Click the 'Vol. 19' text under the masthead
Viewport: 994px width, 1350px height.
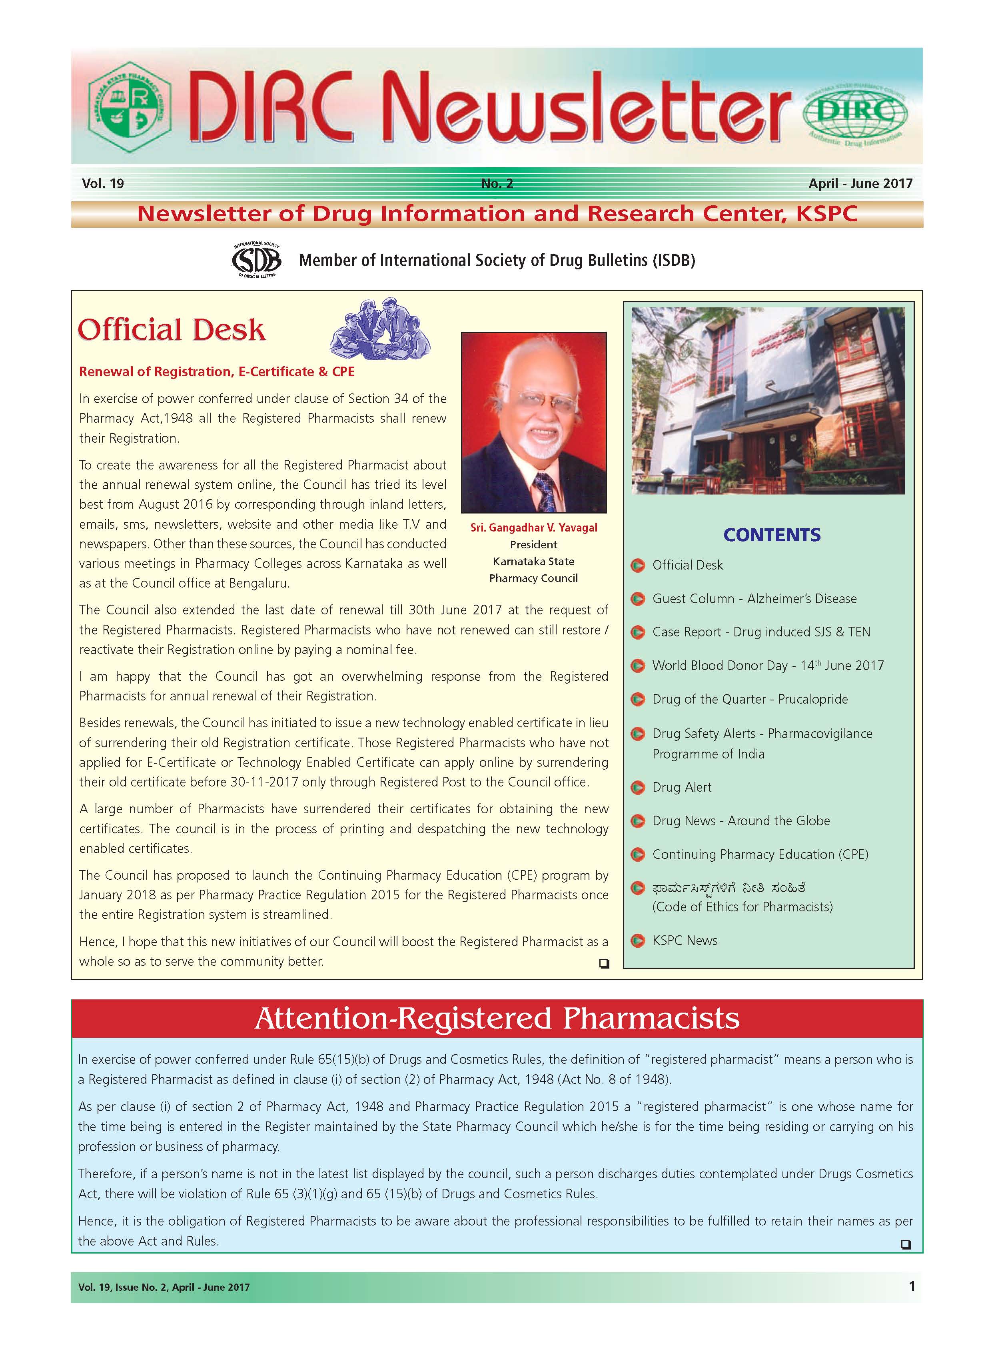[x=103, y=184]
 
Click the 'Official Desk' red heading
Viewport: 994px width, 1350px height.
[x=172, y=330]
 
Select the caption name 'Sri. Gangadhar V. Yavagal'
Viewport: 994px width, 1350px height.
[x=534, y=528]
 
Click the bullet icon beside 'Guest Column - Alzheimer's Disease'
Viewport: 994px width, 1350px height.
[x=638, y=599]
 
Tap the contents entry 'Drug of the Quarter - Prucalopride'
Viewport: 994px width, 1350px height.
[x=750, y=699]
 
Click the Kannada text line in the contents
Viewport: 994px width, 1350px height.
[x=729, y=888]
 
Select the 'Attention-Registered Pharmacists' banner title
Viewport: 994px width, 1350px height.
[x=497, y=1018]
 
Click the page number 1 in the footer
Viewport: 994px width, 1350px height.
[x=912, y=1286]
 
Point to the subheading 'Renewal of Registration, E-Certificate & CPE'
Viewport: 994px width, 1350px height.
[x=217, y=371]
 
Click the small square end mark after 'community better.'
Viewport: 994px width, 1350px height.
[x=604, y=963]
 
